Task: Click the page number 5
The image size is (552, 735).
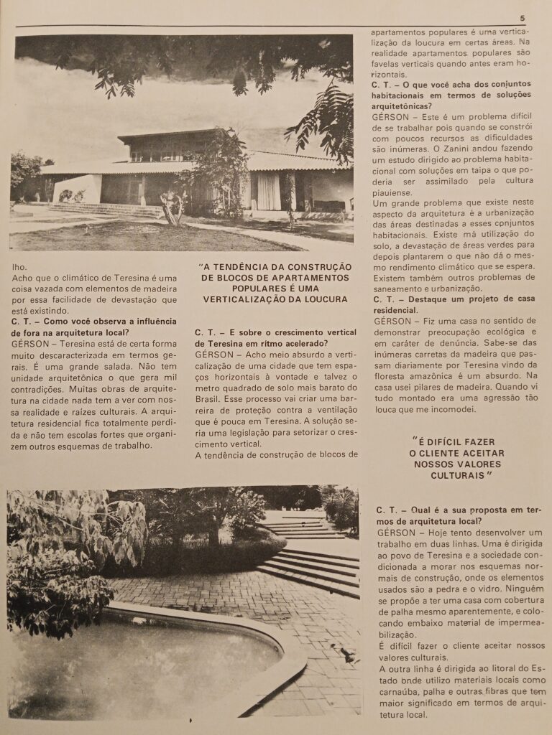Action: pos(522,18)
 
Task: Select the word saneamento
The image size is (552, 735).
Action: pos(403,289)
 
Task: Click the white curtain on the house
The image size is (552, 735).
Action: pos(269,191)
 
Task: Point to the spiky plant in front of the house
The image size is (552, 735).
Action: pos(173,207)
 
